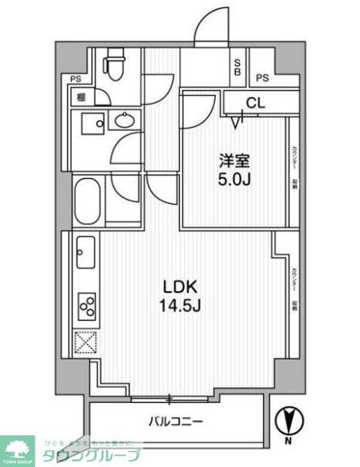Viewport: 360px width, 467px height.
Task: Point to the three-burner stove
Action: (86, 306)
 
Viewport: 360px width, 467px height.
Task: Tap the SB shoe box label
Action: (238, 67)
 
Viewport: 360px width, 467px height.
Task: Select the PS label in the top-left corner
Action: (76, 79)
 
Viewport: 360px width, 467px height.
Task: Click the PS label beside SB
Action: (263, 77)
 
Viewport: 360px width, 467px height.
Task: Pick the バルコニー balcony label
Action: (176, 422)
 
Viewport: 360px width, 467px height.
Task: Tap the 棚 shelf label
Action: (80, 98)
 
